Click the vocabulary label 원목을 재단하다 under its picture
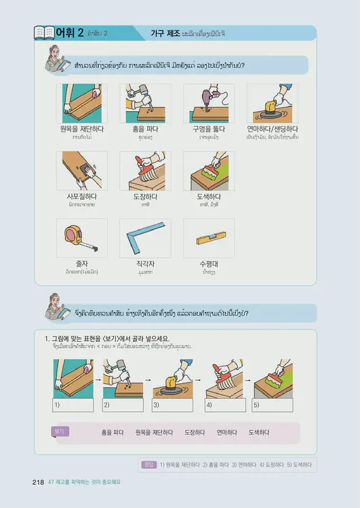(81, 128)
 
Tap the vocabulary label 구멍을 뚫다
(209, 128)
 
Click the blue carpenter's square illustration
(144, 237)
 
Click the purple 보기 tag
(60, 431)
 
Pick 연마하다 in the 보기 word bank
(226, 431)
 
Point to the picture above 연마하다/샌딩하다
(272, 103)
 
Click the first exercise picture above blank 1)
(73, 379)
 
